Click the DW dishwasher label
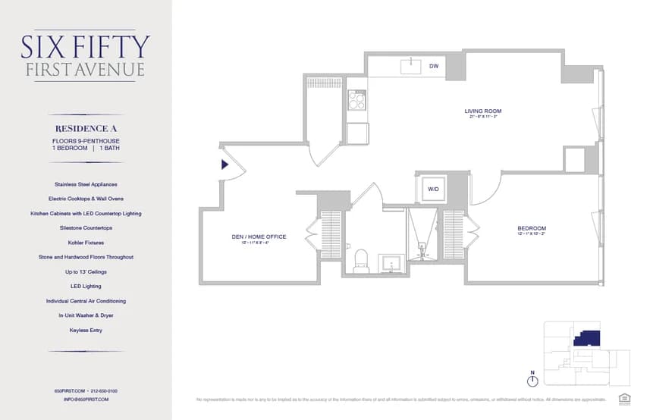coord(434,66)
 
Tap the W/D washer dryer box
coord(433,188)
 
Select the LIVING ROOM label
coord(483,111)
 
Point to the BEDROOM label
coord(532,228)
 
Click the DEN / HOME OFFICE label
coord(259,237)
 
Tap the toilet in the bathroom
coord(361,260)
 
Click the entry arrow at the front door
coord(225,164)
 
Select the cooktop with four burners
coord(356,100)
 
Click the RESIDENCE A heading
coord(86,128)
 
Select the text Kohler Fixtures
coord(86,243)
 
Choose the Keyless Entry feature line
coord(86,331)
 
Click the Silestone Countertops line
coord(86,227)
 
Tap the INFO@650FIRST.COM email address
coord(86,399)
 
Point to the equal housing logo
coord(625,397)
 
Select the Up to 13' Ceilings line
coord(86,271)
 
